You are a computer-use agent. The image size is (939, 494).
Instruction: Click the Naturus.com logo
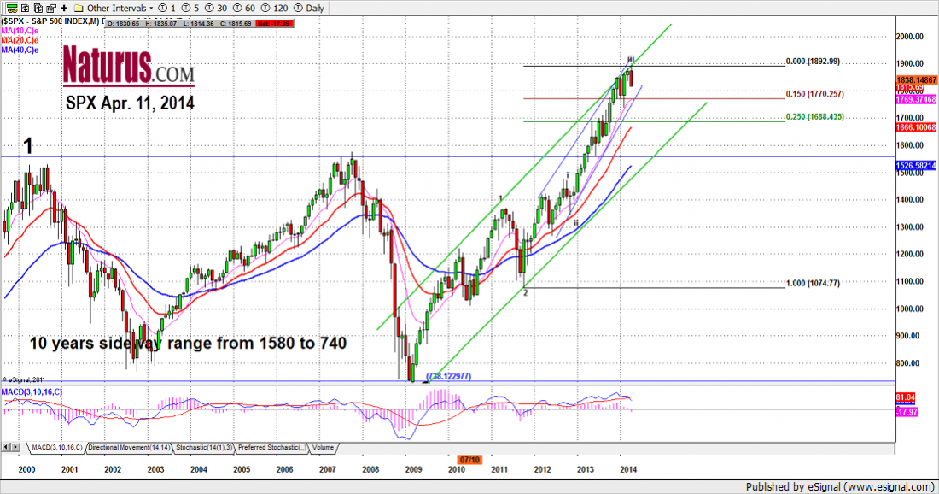pos(129,65)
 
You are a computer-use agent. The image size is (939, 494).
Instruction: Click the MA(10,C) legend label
pos(19,30)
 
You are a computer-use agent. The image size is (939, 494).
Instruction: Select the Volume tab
pos(323,447)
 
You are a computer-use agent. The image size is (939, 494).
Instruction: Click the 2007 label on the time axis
pos(327,469)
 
